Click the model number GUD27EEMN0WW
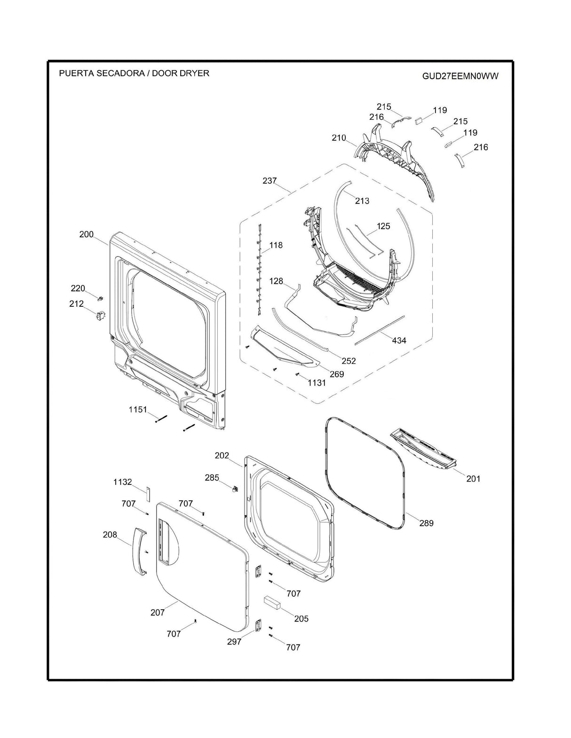point(460,76)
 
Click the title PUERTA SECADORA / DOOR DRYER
point(134,73)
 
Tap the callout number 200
point(86,234)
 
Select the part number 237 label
point(270,180)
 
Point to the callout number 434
point(399,340)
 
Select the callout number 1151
point(138,410)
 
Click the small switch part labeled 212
point(101,316)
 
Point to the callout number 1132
point(122,482)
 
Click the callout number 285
point(212,478)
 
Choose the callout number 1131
point(317,383)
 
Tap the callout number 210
point(339,138)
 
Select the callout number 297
point(234,642)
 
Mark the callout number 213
point(362,201)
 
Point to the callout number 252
point(349,361)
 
